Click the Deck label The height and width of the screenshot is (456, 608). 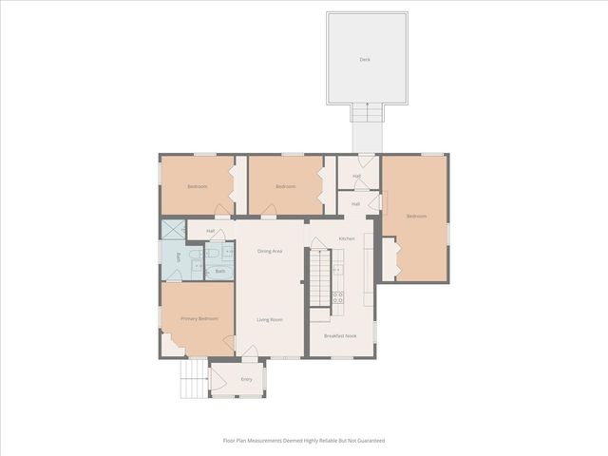coord(365,60)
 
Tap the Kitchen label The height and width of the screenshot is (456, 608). coord(347,238)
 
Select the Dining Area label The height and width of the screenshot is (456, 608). coord(270,251)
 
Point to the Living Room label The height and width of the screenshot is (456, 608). coord(270,319)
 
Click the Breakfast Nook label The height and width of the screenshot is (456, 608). coord(339,336)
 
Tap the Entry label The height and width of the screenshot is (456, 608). coord(246,379)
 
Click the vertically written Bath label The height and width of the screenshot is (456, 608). coord(178,257)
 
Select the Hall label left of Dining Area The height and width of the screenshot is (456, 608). coord(210,231)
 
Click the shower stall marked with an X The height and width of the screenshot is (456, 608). coord(173,229)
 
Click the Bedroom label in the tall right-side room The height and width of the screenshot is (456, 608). coord(416,217)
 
